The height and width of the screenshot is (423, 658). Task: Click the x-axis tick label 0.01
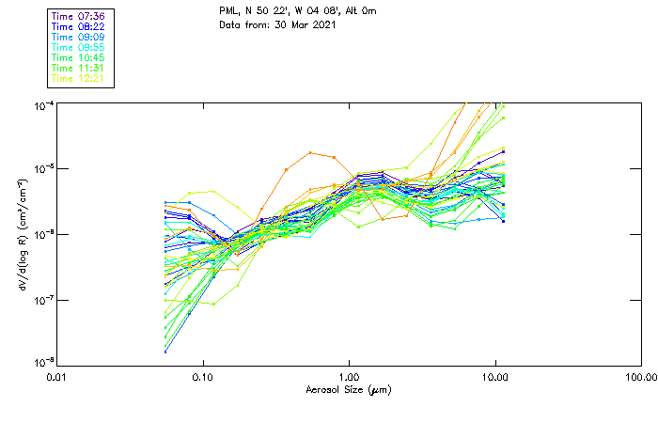[57, 377]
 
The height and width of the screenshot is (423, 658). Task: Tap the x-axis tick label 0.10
[203, 377]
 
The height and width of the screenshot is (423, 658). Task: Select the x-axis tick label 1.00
[349, 377]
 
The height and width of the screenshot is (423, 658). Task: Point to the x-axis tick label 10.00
[494, 377]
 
